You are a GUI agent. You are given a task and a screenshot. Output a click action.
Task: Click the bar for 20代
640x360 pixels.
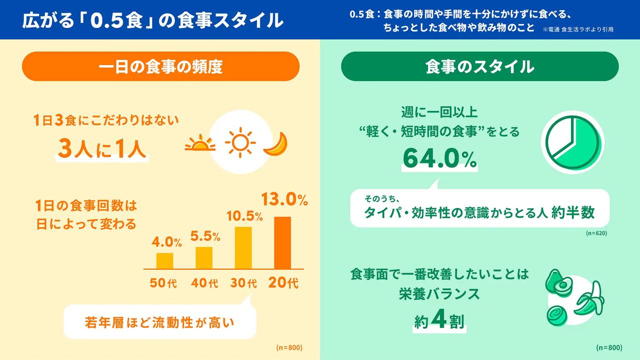[x=282, y=243]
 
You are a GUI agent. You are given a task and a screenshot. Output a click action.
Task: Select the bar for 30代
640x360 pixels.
[x=243, y=248]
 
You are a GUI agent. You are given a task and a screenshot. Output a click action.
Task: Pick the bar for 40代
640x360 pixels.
[x=204, y=258]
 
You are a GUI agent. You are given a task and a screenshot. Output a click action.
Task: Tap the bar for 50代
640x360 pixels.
[x=164, y=261]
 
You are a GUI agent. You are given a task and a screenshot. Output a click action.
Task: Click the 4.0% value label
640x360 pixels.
[x=166, y=242]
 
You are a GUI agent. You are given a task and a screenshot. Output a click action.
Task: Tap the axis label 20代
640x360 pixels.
[x=283, y=283]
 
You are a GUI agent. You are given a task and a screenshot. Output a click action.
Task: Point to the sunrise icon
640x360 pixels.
[x=200, y=144]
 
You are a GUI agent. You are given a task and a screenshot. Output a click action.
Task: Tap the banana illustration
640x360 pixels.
[x=591, y=299]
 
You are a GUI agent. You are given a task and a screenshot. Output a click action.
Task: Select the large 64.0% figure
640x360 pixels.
[x=439, y=159]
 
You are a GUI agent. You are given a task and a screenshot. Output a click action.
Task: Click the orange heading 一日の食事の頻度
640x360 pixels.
[x=160, y=66]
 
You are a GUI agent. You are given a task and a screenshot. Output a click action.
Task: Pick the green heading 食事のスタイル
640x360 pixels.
[x=479, y=66]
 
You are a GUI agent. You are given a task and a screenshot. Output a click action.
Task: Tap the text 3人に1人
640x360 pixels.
[x=102, y=148]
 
